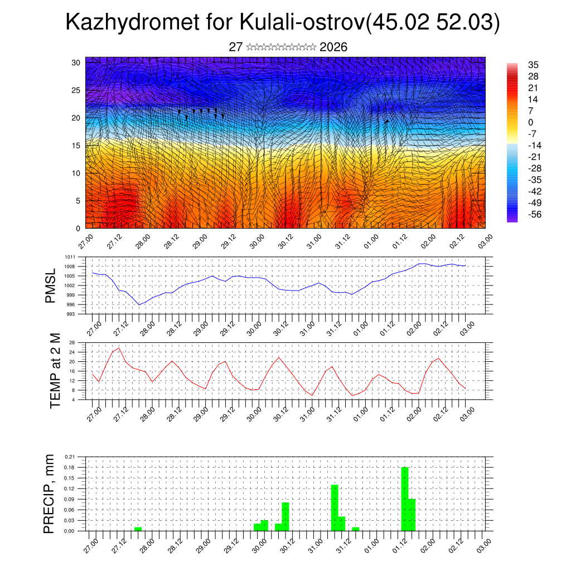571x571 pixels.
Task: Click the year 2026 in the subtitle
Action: click(333, 47)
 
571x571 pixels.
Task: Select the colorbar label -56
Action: click(534, 215)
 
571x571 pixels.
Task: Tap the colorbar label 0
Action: click(530, 122)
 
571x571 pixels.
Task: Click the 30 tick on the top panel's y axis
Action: click(76, 62)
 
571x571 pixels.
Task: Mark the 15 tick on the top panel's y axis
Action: click(76, 146)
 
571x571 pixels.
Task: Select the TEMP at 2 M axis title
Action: click(55, 370)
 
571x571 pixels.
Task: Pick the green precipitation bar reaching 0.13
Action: click(335, 507)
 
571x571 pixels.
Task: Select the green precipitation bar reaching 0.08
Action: click(285, 516)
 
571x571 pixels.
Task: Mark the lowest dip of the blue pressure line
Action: click(139, 304)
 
